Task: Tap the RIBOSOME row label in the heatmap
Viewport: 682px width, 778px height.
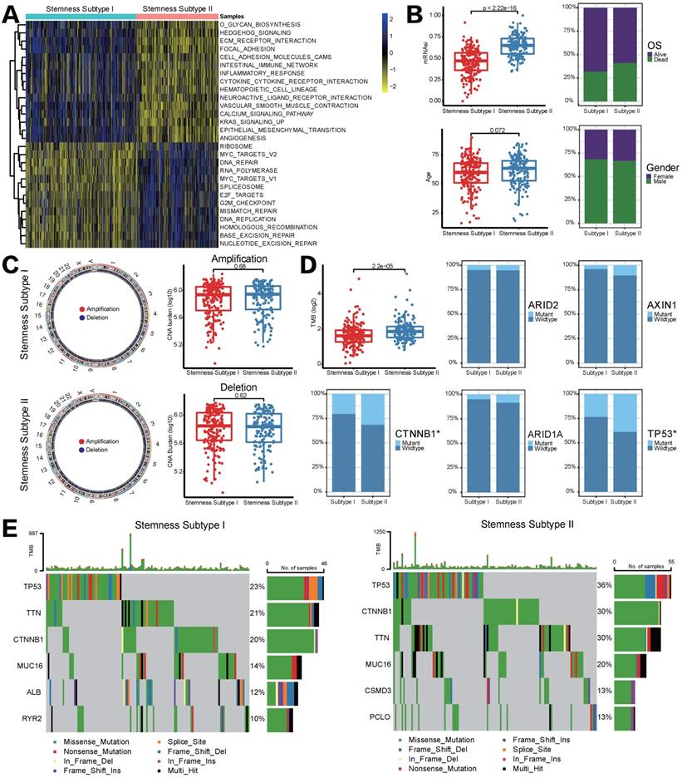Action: pyautogui.click(x=237, y=146)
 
